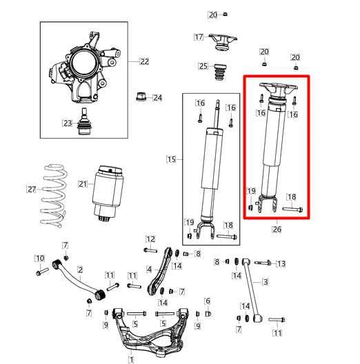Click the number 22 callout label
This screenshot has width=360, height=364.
tap(144, 61)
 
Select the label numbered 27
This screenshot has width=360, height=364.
tap(30, 189)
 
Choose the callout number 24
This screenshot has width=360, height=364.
tap(157, 98)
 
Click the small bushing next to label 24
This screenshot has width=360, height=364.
tap(142, 95)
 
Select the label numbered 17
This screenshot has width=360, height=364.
tap(199, 37)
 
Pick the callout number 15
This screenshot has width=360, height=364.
tap(171, 159)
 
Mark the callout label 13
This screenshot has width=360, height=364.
tap(281, 263)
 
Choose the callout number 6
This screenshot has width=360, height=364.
tap(207, 301)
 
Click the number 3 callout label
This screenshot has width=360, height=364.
tap(266, 282)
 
